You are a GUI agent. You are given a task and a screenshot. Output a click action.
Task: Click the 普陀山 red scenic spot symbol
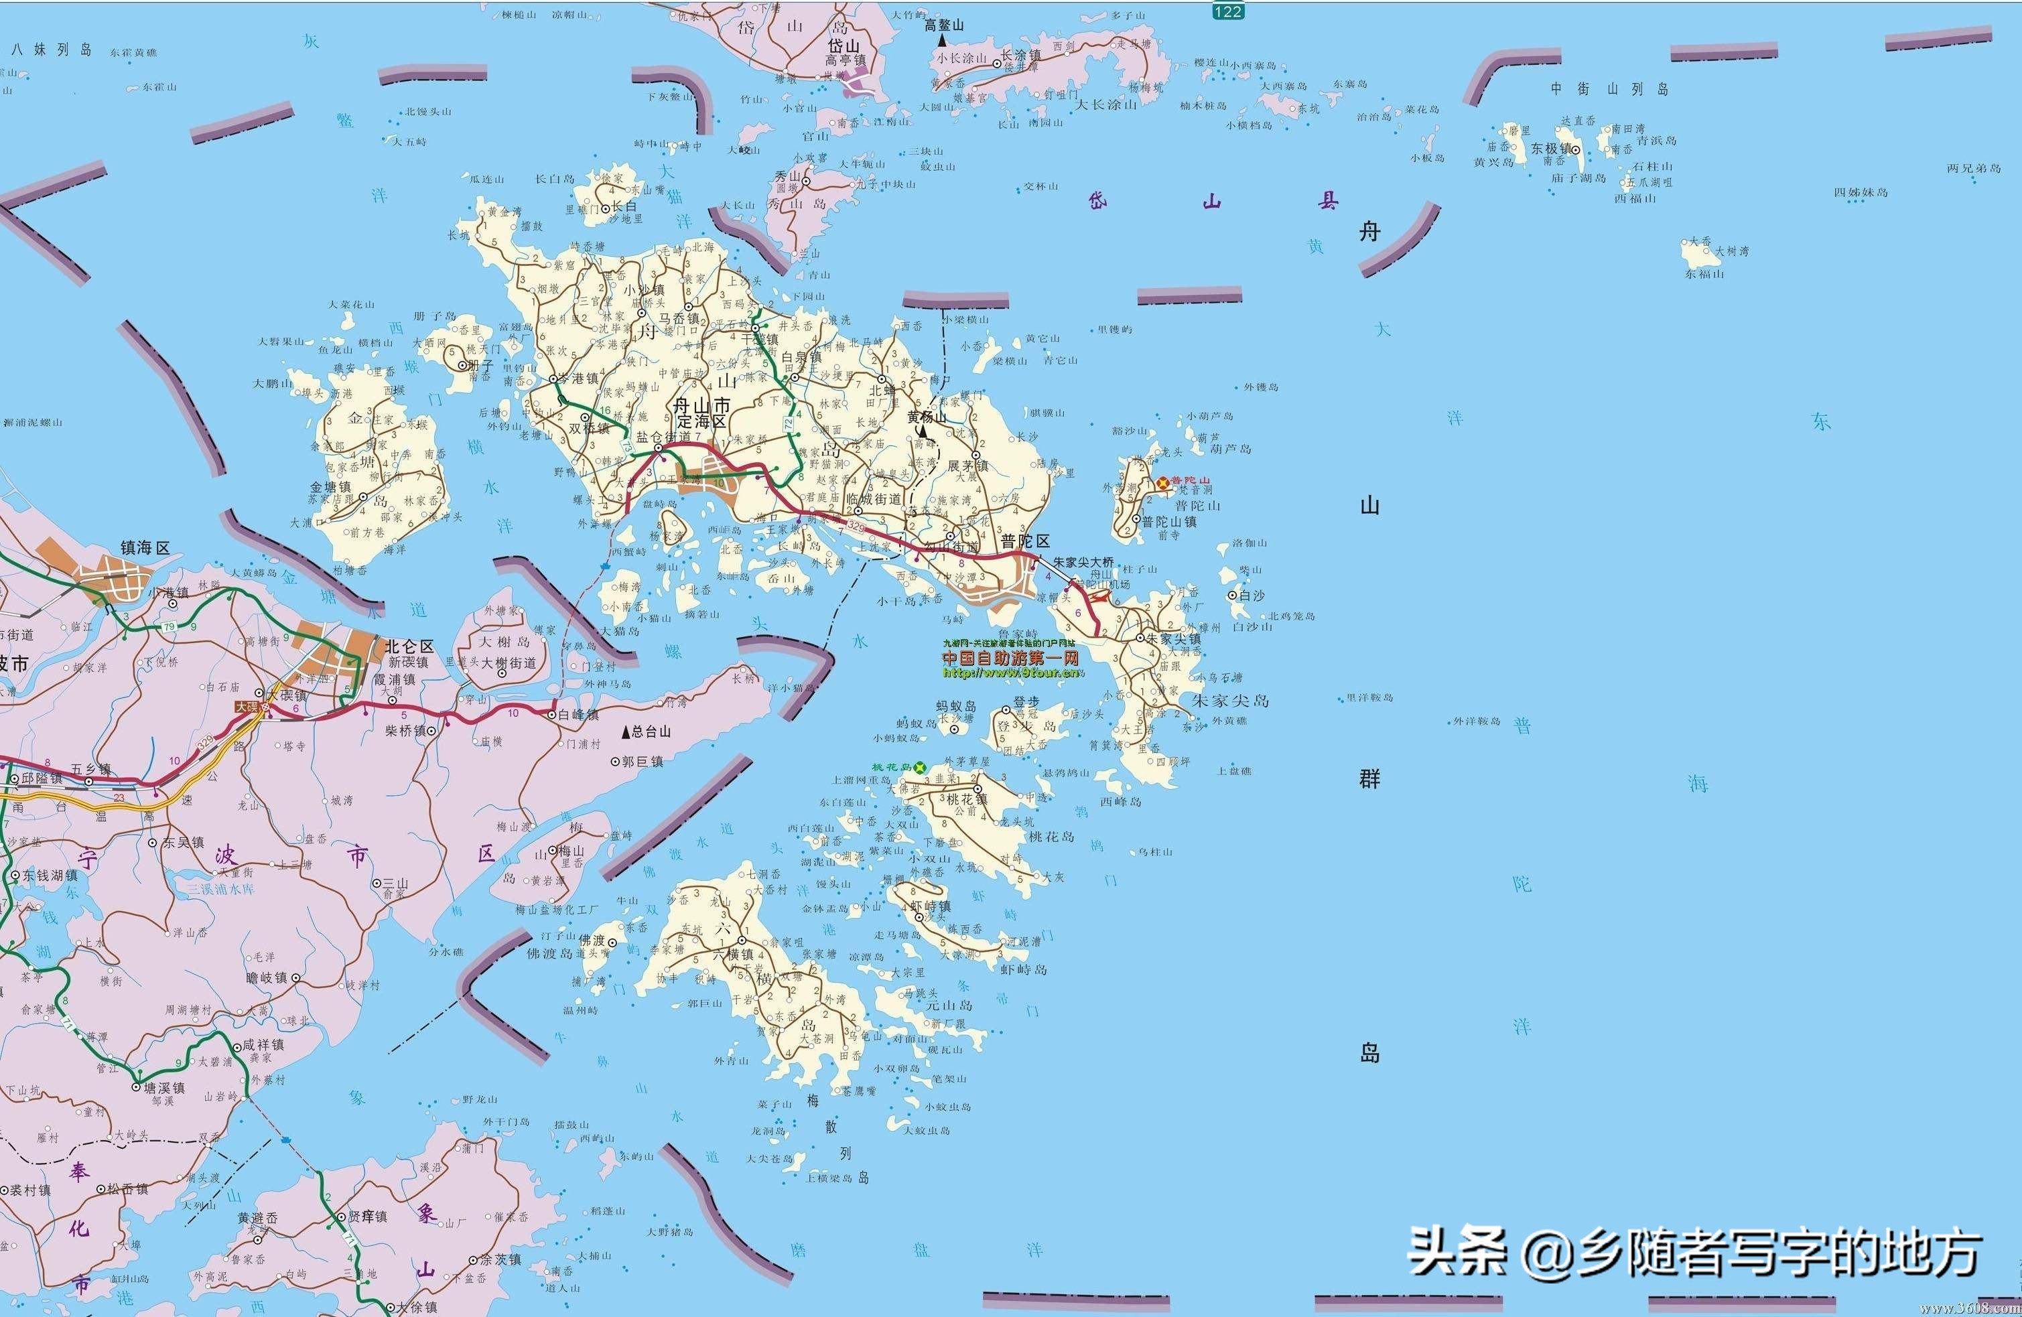pyautogui.click(x=1161, y=482)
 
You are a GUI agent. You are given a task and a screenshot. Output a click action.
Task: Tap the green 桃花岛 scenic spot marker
pyautogui.click(x=919, y=767)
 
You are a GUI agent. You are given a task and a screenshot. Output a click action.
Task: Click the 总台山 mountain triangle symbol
pyautogui.click(x=627, y=732)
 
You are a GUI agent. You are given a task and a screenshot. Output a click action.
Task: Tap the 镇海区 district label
pyautogui.click(x=145, y=548)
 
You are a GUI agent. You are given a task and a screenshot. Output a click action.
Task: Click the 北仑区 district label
pyautogui.click(x=409, y=646)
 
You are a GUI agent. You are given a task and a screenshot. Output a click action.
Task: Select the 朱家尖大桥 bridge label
pyautogui.click(x=1083, y=561)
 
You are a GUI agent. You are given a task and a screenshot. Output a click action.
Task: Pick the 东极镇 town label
pyautogui.click(x=1550, y=148)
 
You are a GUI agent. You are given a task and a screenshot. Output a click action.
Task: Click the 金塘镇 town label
pyautogui.click(x=330, y=488)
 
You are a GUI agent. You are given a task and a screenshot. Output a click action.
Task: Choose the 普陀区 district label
pyautogui.click(x=1026, y=541)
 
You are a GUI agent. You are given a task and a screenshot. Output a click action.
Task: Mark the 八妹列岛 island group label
pyautogui.click(x=51, y=50)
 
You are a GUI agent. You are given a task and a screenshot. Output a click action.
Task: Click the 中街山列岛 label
pyautogui.click(x=1609, y=89)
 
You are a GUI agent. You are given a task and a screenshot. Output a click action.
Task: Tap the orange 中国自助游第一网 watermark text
pyautogui.click(x=1011, y=658)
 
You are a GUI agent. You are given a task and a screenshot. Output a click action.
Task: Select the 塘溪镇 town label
pyautogui.click(x=164, y=1088)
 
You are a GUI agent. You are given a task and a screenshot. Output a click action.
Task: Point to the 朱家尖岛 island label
pyautogui.click(x=1230, y=700)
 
